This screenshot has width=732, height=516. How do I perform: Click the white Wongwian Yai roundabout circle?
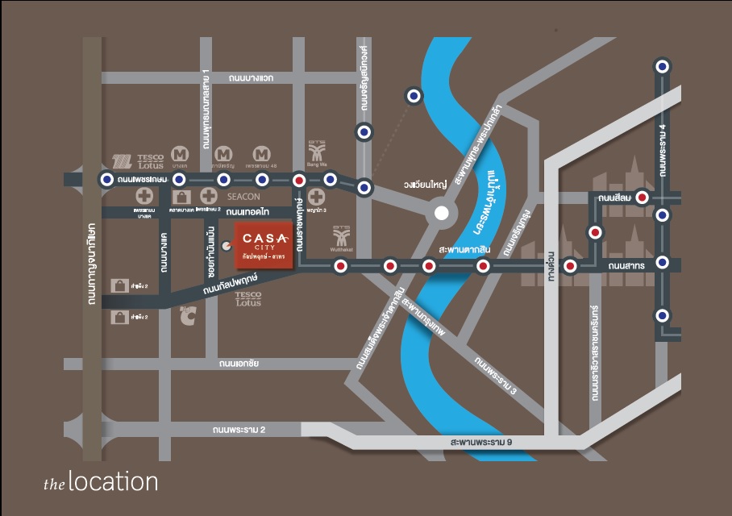[x=440, y=214]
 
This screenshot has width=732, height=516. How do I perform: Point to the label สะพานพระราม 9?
[x=481, y=443]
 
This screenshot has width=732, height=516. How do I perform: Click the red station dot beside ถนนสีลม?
[x=642, y=197]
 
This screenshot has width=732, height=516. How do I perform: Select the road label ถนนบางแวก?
[x=252, y=78]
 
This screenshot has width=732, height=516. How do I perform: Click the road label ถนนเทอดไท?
[x=247, y=212]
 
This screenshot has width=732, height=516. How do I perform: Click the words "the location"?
[x=101, y=482]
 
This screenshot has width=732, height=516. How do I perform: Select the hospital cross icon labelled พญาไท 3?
[x=317, y=197]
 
